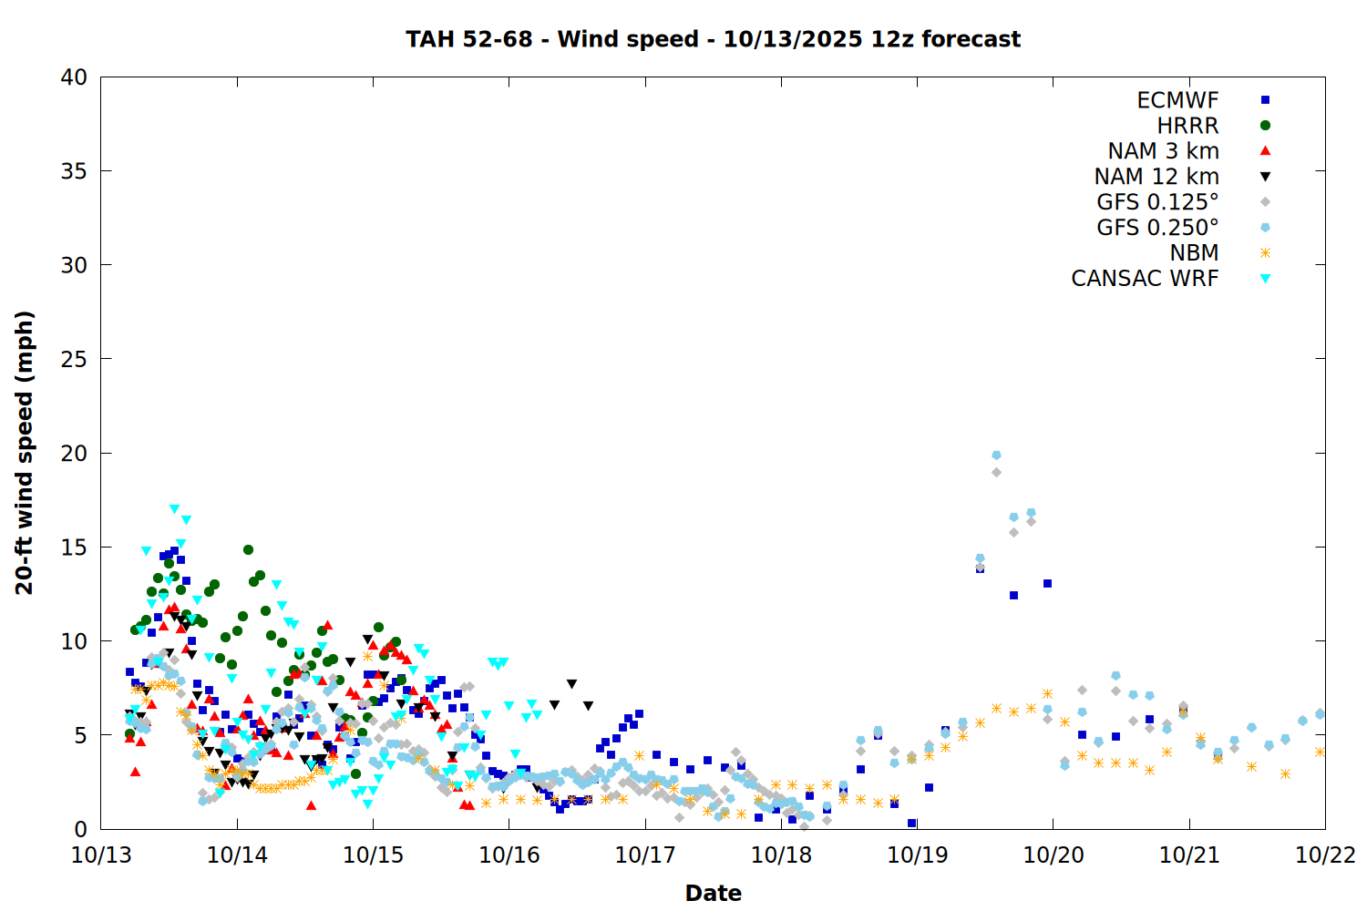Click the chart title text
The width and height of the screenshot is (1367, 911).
tap(713, 39)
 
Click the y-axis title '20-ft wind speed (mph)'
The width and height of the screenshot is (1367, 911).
tap(25, 453)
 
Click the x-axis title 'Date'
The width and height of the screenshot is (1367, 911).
tap(713, 893)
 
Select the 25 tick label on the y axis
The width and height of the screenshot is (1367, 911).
tap(74, 359)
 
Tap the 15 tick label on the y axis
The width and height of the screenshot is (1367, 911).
tap(74, 548)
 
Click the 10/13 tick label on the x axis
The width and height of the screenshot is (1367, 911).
tap(100, 855)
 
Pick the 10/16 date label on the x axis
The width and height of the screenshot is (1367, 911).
tap(509, 855)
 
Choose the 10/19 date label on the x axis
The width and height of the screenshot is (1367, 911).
tap(917, 855)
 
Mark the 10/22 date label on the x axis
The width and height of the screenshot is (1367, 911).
tap(1325, 855)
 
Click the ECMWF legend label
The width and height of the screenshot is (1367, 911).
tap(1177, 100)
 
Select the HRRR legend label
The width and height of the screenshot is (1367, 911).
tap(1187, 126)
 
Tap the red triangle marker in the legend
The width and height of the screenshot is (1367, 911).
tap(1265, 151)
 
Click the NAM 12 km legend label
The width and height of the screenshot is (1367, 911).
tap(1156, 177)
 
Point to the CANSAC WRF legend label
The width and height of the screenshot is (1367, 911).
tap(1145, 279)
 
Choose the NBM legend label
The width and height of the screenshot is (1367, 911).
tap(1194, 253)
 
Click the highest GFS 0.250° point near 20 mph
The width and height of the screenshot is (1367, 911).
tap(996, 455)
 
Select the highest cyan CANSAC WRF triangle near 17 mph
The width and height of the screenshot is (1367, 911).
tap(174, 509)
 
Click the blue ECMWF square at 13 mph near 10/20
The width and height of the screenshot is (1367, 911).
tap(1047, 583)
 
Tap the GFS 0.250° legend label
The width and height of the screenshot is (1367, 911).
tap(1157, 228)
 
